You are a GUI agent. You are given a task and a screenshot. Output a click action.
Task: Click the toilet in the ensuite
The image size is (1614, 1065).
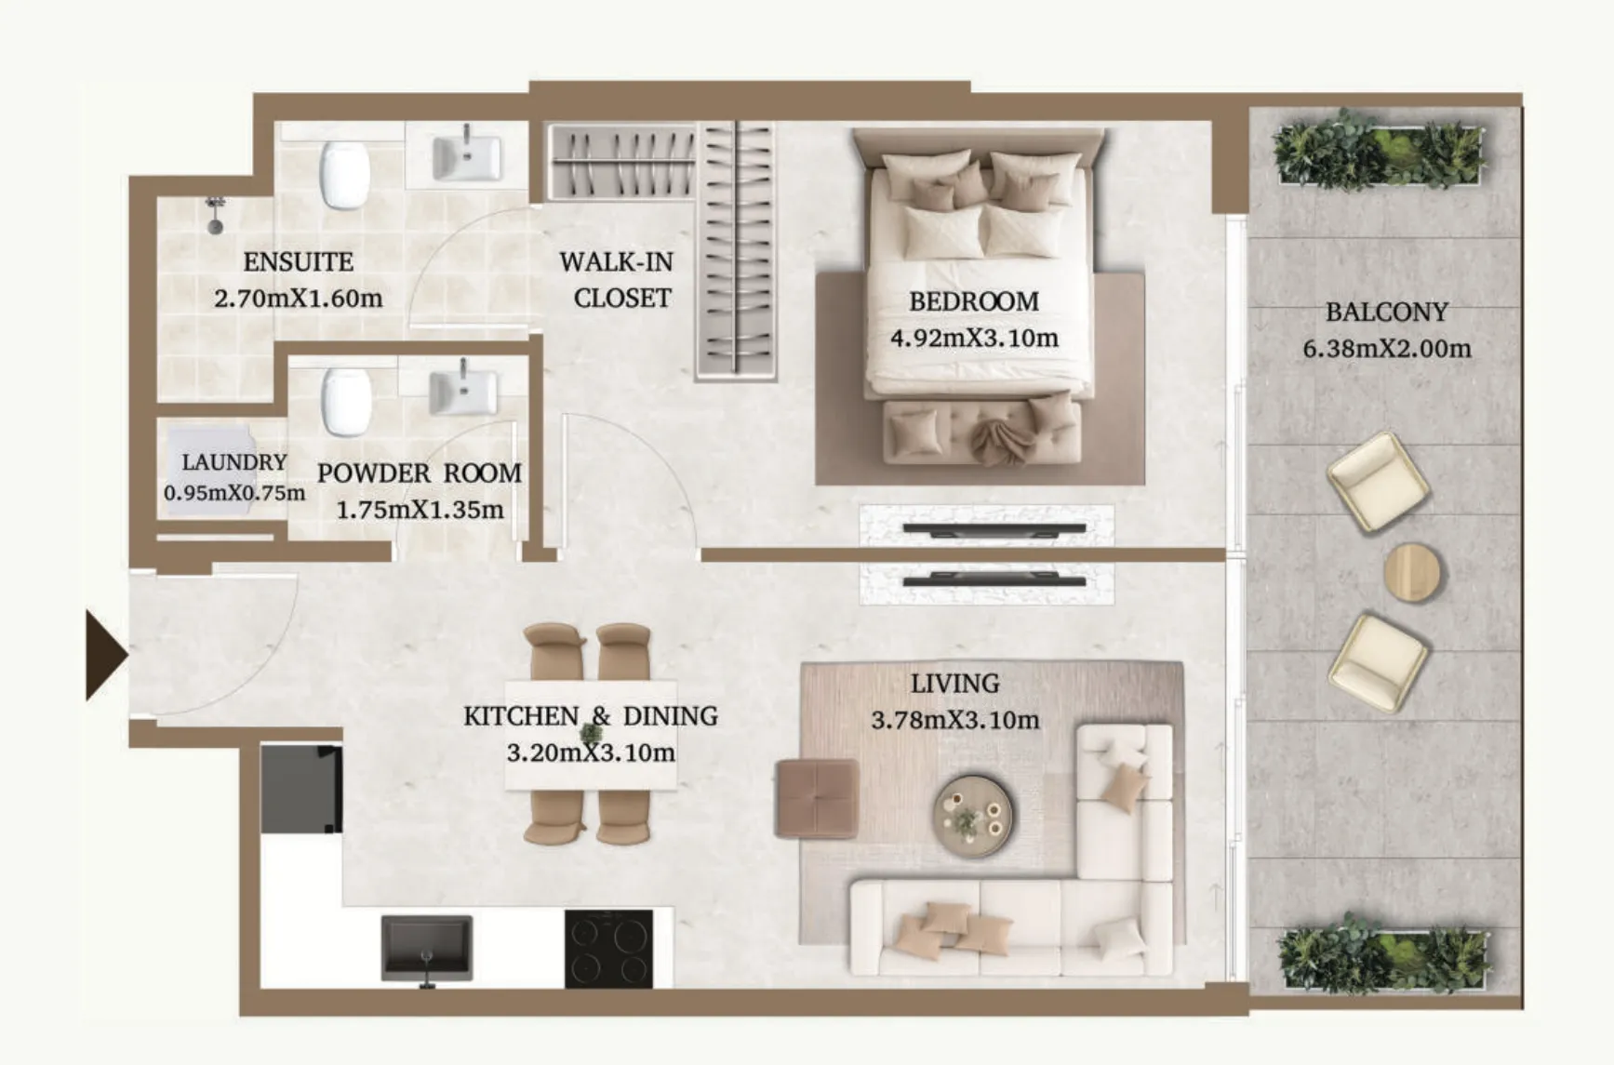pyautogui.click(x=345, y=175)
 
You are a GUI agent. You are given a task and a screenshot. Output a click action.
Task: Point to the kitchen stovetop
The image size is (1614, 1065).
pyautogui.click(x=608, y=949)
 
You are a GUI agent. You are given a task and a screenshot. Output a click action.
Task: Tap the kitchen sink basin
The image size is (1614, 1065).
pyautogui.click(x=427, y=948)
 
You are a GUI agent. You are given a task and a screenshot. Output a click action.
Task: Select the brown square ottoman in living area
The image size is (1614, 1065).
pyautogui.click(x=817, y=799)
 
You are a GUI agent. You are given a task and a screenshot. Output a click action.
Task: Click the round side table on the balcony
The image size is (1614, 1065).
pyautogui.click(x=1413, y=573)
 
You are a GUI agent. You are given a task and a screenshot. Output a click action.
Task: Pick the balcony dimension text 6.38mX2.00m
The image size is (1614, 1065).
pyautogui.click(x=1387, y=350)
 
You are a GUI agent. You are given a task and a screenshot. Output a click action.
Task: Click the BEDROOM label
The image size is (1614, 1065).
pyautogui.click(x=974, y=301)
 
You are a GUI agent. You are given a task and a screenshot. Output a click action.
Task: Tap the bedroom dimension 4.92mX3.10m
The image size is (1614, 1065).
pyautogui.click(x=974, y=338)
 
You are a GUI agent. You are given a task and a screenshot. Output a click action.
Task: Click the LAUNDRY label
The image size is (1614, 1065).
pyautogui.click(x=234, y=462)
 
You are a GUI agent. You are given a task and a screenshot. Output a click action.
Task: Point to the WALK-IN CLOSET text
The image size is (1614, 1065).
pyautogui.click(x=617, y=280)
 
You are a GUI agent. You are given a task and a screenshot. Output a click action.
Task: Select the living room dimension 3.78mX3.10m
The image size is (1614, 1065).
pyautogui.click(x=955, y=720)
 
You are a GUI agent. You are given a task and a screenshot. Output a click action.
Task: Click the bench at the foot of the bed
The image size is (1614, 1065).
pyautogui.click(x=981, y=432)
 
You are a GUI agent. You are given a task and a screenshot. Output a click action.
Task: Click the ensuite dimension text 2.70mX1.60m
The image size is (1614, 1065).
pyautogui.click(x=299, y=299)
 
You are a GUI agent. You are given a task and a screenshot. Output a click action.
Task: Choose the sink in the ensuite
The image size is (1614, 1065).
pyautogui.click(x=467, y=157)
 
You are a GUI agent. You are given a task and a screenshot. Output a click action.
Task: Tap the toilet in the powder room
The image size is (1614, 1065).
pyautogui.click(x=347, y=402)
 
